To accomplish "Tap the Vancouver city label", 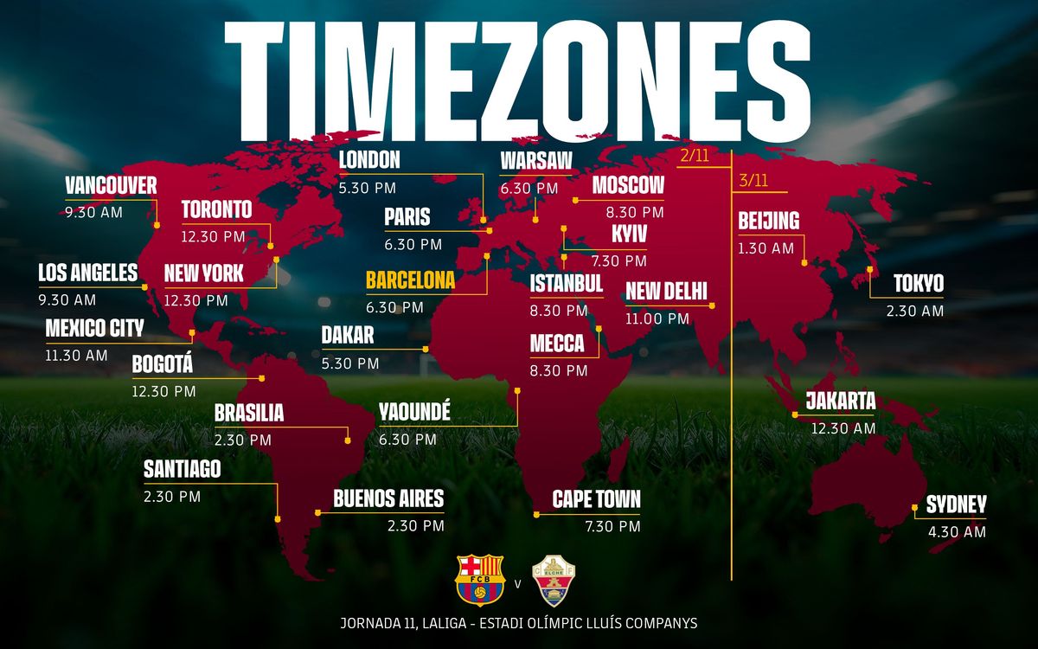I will tap(111, 185).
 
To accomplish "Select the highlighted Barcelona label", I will tap(410, 280).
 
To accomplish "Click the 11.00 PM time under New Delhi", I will tap(657, 318).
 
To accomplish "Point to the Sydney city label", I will tap(956, 505).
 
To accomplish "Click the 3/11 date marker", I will tap(753, 181).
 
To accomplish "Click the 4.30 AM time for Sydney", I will tap(957, 532).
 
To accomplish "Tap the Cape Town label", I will tap(597, 498).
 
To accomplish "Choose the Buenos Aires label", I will tap(388, 498).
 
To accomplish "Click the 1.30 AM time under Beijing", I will tap(766, 248).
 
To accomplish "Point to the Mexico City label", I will tap(94, 328).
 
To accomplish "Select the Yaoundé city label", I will tap(414, 413).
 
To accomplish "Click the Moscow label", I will tap(628, 185).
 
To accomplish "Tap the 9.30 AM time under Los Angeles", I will tap(67, 300).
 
